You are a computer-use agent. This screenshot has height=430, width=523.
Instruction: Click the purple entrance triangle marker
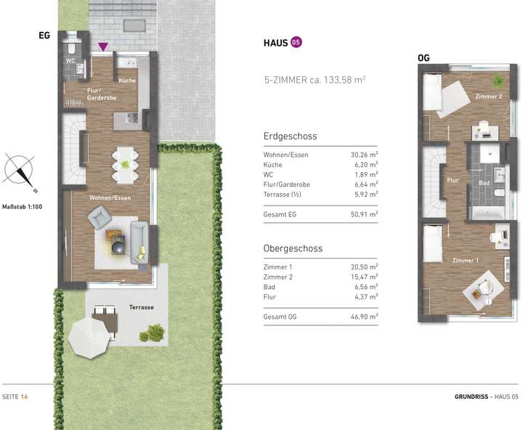(104, 46)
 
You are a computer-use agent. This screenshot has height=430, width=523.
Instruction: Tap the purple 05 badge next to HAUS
(296, 43)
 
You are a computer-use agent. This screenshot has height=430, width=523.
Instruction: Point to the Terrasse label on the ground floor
(142, 307)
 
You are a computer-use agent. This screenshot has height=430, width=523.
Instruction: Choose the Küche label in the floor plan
(127, 81)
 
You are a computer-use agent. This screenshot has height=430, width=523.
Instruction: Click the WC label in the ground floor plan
(71, 60)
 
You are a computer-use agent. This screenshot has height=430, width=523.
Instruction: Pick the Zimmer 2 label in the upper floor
(489, 97)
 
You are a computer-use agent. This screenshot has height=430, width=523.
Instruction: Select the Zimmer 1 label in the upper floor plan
(465, 260)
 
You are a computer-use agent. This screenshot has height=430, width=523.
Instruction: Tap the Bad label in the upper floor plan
(485, 184)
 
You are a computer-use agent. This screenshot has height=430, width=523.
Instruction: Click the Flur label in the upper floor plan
(453, 179)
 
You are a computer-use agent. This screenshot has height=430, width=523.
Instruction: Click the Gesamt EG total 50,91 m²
(364, 214)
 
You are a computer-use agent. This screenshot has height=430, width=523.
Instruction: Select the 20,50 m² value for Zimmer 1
(364, 267)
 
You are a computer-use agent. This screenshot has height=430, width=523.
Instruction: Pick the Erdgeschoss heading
(290, 136)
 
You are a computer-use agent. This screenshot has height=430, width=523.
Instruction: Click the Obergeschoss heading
(293, 248)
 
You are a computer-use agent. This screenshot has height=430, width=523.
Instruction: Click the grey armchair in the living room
(99, 217)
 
